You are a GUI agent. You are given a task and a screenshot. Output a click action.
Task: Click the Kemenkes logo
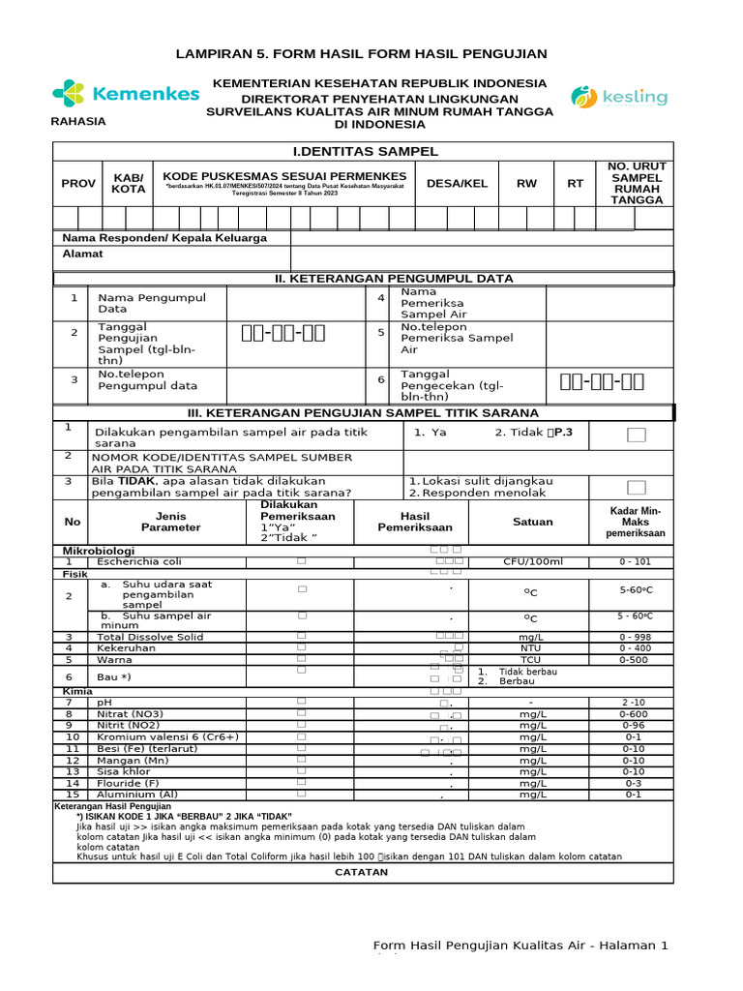coord(125,94)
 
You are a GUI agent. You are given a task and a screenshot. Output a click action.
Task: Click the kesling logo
coord(619,96)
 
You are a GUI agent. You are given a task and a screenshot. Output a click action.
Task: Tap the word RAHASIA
coord(79,122)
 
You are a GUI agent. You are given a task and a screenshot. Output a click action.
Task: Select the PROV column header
coord(78,183)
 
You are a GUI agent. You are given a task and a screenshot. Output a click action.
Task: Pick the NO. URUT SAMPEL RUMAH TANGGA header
coord(638,183)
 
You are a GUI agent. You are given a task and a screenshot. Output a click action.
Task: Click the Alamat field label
coord(82,254)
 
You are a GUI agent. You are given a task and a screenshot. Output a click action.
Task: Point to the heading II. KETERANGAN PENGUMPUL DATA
coord(394,279)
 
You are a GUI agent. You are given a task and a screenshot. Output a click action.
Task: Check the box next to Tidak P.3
coord(636,435)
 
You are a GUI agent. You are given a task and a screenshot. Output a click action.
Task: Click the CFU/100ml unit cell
coord(532,561)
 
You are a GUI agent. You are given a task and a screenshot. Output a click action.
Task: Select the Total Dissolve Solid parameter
coord(149,637)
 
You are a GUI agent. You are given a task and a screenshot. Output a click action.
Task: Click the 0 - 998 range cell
coord(636,637)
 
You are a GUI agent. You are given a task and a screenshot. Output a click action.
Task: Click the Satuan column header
coord(532,522)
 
